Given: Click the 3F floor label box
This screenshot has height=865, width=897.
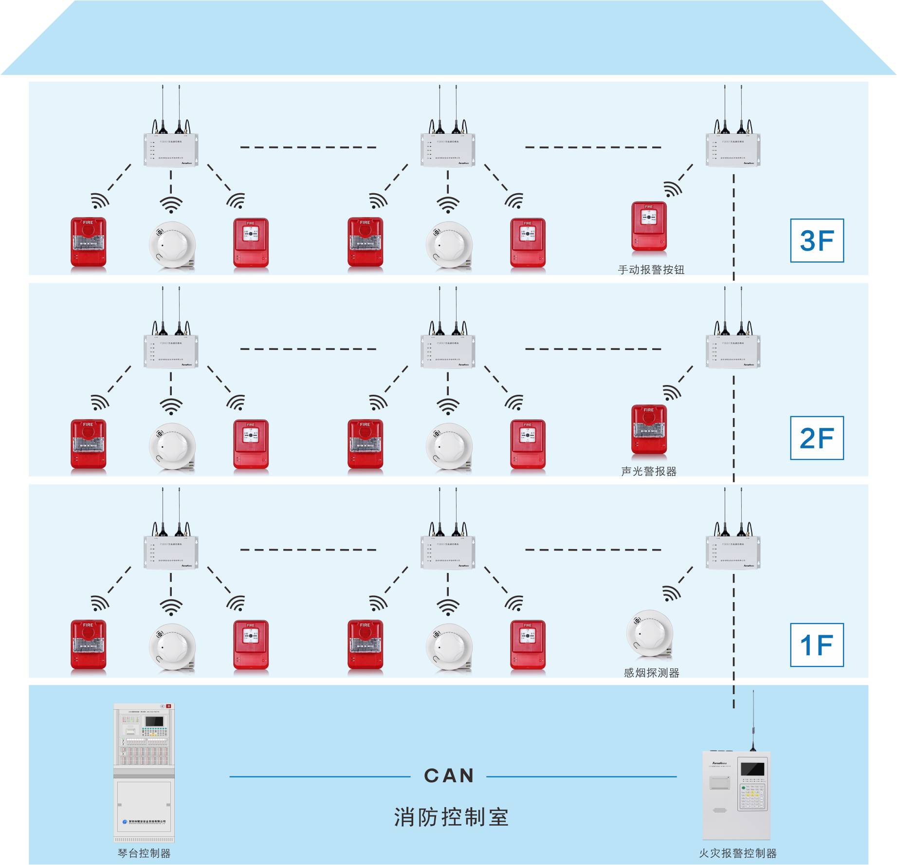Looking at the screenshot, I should coord(817,240).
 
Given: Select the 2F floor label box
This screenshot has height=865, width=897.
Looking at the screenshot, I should coord(817,438).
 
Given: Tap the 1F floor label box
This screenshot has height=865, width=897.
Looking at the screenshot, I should coord(817,645).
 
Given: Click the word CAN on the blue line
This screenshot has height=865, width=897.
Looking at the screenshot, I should coord(449,776).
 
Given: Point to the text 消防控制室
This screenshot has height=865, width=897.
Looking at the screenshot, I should coord(451,817).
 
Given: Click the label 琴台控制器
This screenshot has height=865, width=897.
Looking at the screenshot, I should coord(144,853).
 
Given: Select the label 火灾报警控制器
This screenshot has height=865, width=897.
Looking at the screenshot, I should coord(737,853).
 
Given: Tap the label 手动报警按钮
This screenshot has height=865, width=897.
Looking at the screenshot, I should coord(651,270).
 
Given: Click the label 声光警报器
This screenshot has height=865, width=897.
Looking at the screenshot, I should coord(649,471).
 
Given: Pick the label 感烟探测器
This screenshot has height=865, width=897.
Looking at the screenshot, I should coord(651,673).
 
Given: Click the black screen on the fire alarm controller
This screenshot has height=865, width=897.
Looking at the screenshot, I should coord(752,769).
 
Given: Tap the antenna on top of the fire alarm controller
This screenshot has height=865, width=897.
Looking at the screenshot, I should coord(753,720).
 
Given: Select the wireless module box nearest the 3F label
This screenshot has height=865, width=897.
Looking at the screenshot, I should coord(733,150).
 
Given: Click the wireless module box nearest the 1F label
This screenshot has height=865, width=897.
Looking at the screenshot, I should coord(733,552).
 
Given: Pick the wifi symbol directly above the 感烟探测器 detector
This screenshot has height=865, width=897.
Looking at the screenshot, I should coord(672,593).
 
